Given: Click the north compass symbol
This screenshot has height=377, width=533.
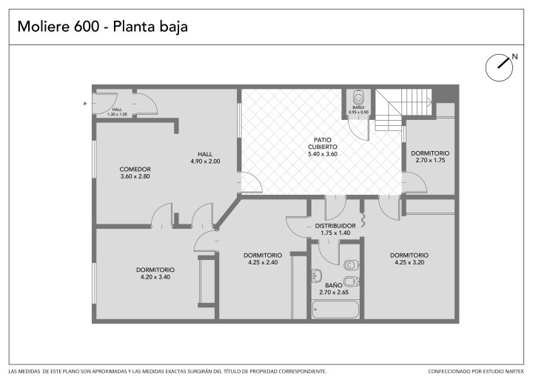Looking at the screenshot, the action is pyautogui.click(x=499, y=67).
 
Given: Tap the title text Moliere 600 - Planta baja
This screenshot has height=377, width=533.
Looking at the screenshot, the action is pyautogui.click(x=103, y=27).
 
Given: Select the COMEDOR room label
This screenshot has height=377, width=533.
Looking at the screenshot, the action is pyautogui.click(x=135, y=169).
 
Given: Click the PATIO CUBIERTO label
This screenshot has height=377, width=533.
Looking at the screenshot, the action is pyautogui.click(x=323, y=143).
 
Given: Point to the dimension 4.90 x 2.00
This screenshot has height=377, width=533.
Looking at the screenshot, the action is pyautogui.click(x=205, y=161).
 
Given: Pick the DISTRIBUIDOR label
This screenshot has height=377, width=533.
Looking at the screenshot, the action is pyautogui.click(x=335, y=226).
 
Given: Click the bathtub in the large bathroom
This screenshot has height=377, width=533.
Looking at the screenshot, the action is pyautogui.click(x=335, y=310).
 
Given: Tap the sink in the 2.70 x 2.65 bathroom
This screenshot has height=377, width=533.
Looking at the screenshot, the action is pyautogui.click(x=317, y=275).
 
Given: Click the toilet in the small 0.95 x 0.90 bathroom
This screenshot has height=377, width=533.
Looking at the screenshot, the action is pyautogui.click(x=358, y=98).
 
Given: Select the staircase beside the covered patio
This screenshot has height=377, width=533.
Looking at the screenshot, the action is pyautogui.click(x=403, y=110).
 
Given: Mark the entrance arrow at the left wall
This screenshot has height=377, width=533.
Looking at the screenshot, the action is pyautogui.click(x=85, y=104).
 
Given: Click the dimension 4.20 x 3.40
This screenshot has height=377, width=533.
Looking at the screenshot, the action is pyautogui.click(x=155, y=277).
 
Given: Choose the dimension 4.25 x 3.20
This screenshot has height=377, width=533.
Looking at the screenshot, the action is pyautogui.click(x=409, y=262).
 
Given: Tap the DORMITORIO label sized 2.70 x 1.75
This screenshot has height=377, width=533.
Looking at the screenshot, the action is pyautogui.click(x=430, y=153).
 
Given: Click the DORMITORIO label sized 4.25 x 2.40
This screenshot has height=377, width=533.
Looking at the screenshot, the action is pyautogui.click(x=263, y=256).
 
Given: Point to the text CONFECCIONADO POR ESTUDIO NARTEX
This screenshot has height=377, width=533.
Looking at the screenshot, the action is pyautogui.click(x=476, y=371).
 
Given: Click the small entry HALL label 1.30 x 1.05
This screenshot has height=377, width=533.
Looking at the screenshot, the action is pyautogui.click(x=117, y=110).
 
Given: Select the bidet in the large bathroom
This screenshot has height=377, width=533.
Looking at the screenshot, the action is pyautogui.click(x=351, y=281).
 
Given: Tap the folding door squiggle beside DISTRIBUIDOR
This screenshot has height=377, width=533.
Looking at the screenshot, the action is pyautogui.click(x=363, y=220).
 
